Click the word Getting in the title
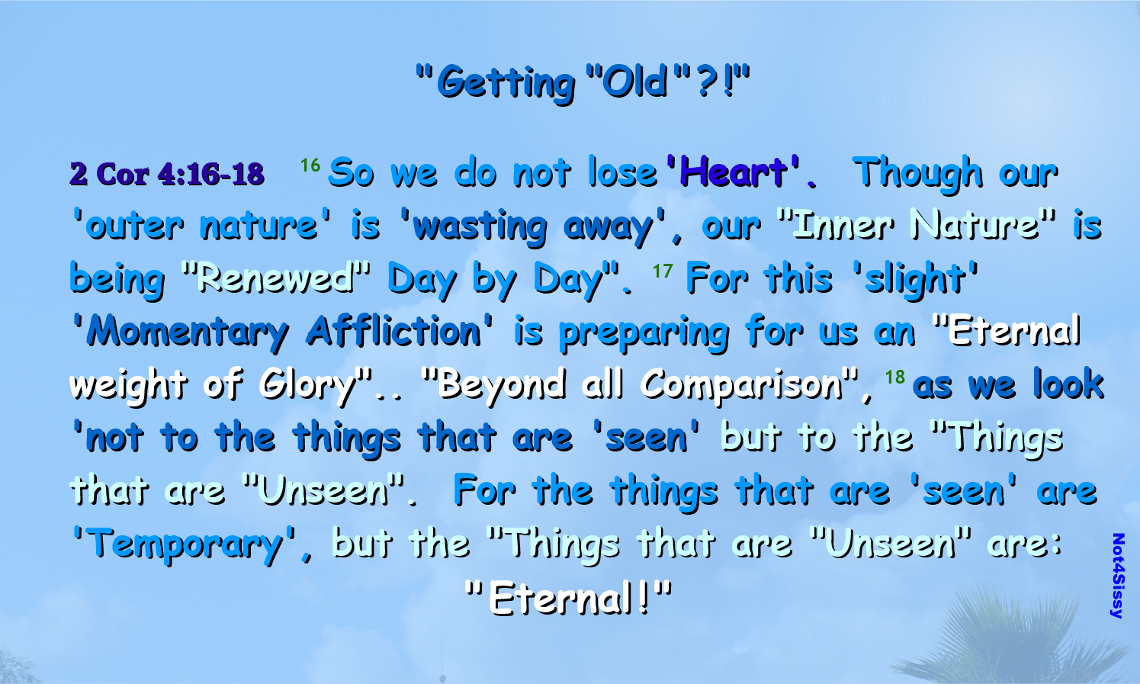click(x=506, y=83)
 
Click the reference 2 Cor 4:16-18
click(x=167, y=174)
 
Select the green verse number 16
click(x=310, y=165)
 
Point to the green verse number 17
click(x=663, y=271)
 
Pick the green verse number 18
click(x=894, y=377)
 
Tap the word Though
click(x=917, y=174)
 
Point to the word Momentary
click(x=188, y=332)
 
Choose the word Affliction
click(x=393, y=331)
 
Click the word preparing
click(x=644, y=334)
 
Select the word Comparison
click(x=741, y=385)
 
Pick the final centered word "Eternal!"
click(x=568, y=598)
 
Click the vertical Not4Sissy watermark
click(x=1118, y=576)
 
